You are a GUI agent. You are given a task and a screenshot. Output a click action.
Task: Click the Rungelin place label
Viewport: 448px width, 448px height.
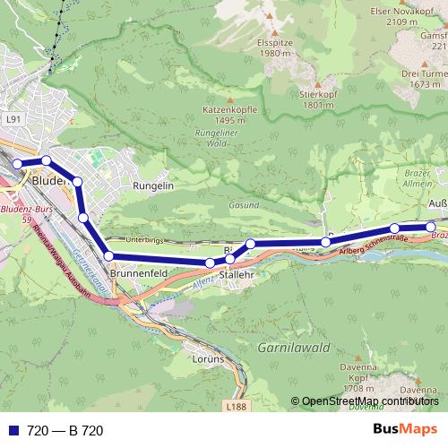[x=152, y=185]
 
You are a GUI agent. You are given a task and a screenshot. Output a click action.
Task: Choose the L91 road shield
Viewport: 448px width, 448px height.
[x=12, y=117]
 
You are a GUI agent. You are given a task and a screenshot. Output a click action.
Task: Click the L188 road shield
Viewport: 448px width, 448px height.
[x=236, y=408]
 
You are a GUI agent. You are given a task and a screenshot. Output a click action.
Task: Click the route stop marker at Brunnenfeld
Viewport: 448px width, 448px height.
[x=109, y=257]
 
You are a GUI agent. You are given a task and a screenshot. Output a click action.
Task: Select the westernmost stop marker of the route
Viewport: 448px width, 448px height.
[x=17, y=163]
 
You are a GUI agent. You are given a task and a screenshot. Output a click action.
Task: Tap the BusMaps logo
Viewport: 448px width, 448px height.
[x=405, y=430]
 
